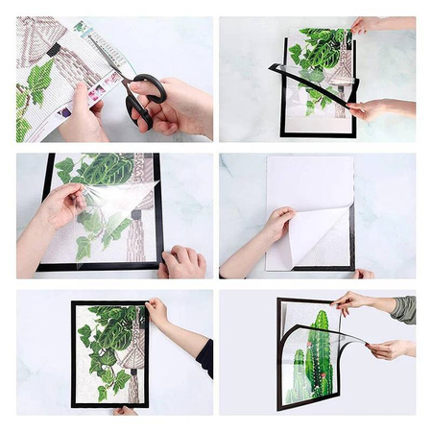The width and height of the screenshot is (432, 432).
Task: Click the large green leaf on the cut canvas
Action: (38, 83)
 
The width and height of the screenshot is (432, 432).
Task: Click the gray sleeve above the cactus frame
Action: (403, 309)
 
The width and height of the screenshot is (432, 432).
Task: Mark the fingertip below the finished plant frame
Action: (123, 410)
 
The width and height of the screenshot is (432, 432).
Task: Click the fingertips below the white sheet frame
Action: (363, 275)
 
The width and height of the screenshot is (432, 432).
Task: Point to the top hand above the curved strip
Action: (367, 25)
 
